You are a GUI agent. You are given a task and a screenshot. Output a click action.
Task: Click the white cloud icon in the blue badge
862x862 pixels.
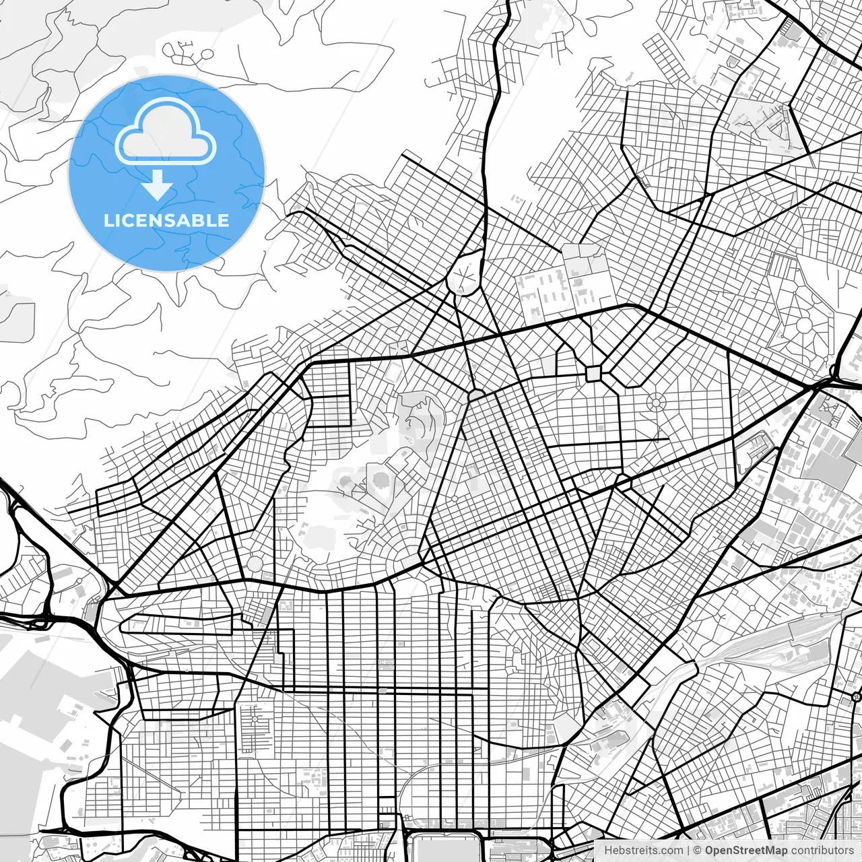(166, 132)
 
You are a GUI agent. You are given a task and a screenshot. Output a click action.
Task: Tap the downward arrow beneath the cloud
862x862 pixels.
(158, 185)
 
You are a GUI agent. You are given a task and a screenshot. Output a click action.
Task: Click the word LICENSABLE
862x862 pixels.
(166, 220)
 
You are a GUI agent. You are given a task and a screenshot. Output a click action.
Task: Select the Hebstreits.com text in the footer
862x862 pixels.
(642, 851)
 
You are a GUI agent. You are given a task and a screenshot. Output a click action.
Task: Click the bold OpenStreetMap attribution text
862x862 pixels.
(745, 851)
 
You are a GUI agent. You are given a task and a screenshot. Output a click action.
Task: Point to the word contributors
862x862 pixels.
(822, 851)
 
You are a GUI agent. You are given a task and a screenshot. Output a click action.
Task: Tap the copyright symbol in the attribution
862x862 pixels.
(698, 851)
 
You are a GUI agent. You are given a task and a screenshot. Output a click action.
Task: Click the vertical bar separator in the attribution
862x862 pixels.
(688, 851)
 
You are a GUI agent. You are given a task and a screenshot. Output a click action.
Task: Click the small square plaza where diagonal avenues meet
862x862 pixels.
(593, 373)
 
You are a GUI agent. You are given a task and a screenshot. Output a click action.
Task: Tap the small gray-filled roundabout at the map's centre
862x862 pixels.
(475, 394)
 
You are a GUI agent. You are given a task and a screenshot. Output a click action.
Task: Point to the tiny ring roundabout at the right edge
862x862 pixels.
(856, 696)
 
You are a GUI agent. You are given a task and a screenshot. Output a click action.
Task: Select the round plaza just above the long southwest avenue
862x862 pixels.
(255, 563)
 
